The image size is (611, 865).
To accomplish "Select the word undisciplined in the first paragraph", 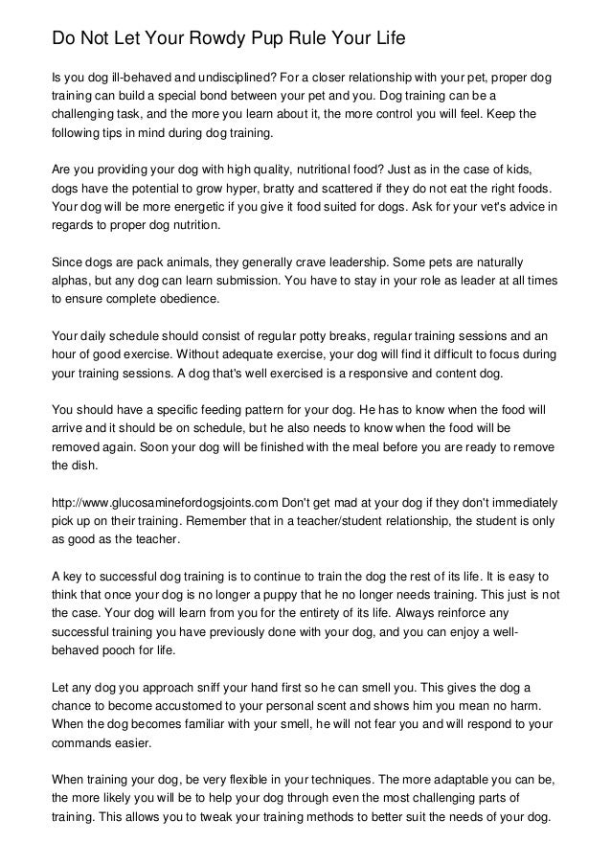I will point(240,77).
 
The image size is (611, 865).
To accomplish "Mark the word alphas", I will point(72,281).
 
